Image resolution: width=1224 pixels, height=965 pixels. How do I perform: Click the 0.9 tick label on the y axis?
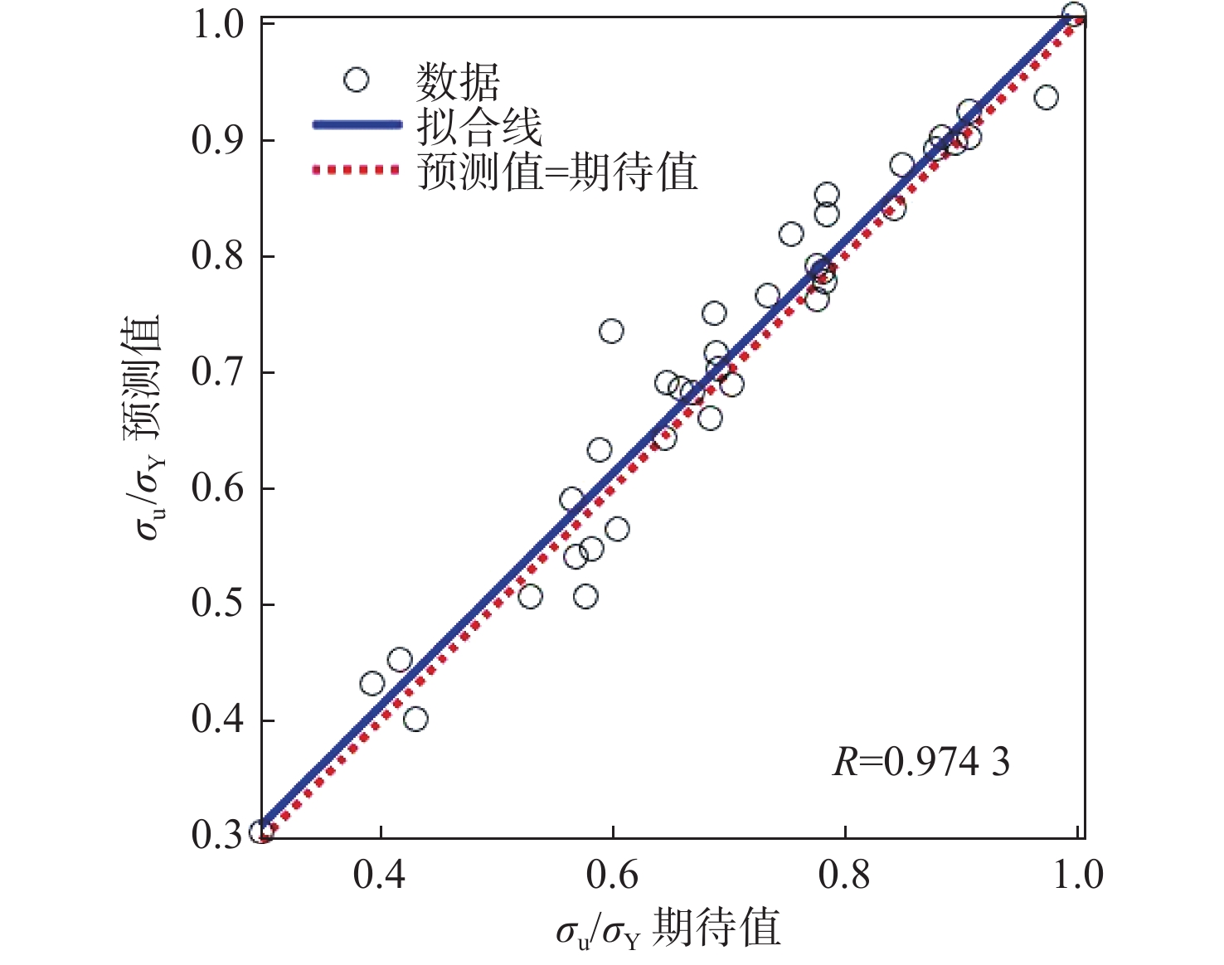click(218, 141)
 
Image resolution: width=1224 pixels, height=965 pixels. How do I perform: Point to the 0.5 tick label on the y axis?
click(218, 604)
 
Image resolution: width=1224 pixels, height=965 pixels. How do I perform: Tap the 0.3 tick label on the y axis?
click(218, 834)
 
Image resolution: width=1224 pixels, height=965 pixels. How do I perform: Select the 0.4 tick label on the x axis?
click(380, 875)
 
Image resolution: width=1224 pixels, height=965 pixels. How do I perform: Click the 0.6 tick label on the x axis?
click(612, 875)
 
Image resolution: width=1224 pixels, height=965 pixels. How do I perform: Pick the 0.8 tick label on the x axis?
click(844, 875)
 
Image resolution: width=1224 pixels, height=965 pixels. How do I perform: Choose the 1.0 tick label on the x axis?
click(1078, 875)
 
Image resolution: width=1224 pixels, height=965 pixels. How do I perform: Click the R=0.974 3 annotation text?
click(921, 761)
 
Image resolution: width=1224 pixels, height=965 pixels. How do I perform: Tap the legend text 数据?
click(458, 81)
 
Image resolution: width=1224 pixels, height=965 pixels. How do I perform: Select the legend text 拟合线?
click(478, 127)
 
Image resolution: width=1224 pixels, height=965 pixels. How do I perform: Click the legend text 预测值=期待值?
click(557, 172)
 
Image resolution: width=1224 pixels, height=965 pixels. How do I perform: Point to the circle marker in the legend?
click(357, 80)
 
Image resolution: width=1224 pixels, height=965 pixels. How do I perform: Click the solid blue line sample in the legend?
click(357, 125)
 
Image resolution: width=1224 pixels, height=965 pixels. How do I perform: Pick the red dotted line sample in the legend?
click(357, 171)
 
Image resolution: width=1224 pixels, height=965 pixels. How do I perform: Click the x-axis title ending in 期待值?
click(668, 929)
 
